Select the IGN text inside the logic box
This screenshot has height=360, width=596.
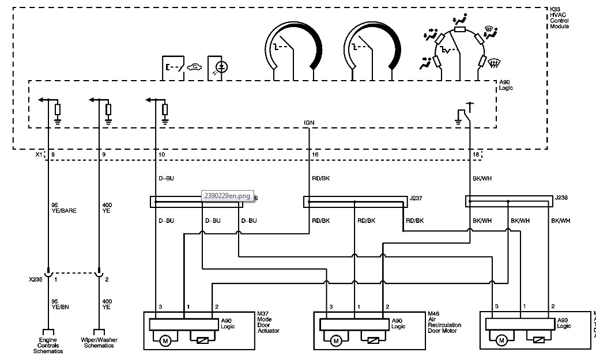pos(309,123)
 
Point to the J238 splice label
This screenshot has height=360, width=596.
pos(561,198)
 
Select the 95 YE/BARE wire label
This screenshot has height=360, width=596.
pos(63,207)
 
